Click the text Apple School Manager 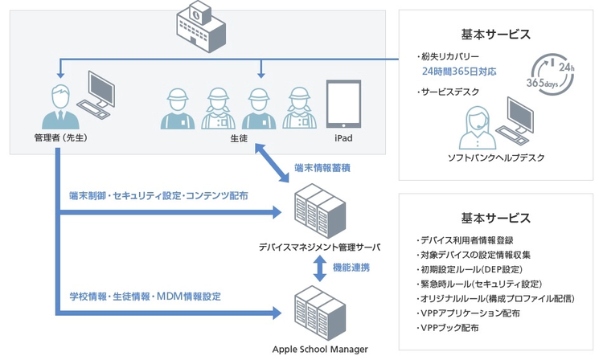(x=319, y=349)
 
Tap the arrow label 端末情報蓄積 (x=322, y=168)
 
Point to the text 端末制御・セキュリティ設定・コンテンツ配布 (x=158, y=195)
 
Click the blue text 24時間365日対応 (x=459, y=72)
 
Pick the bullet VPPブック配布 (x=450, y=328)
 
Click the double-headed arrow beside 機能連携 (x=318, y=268)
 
